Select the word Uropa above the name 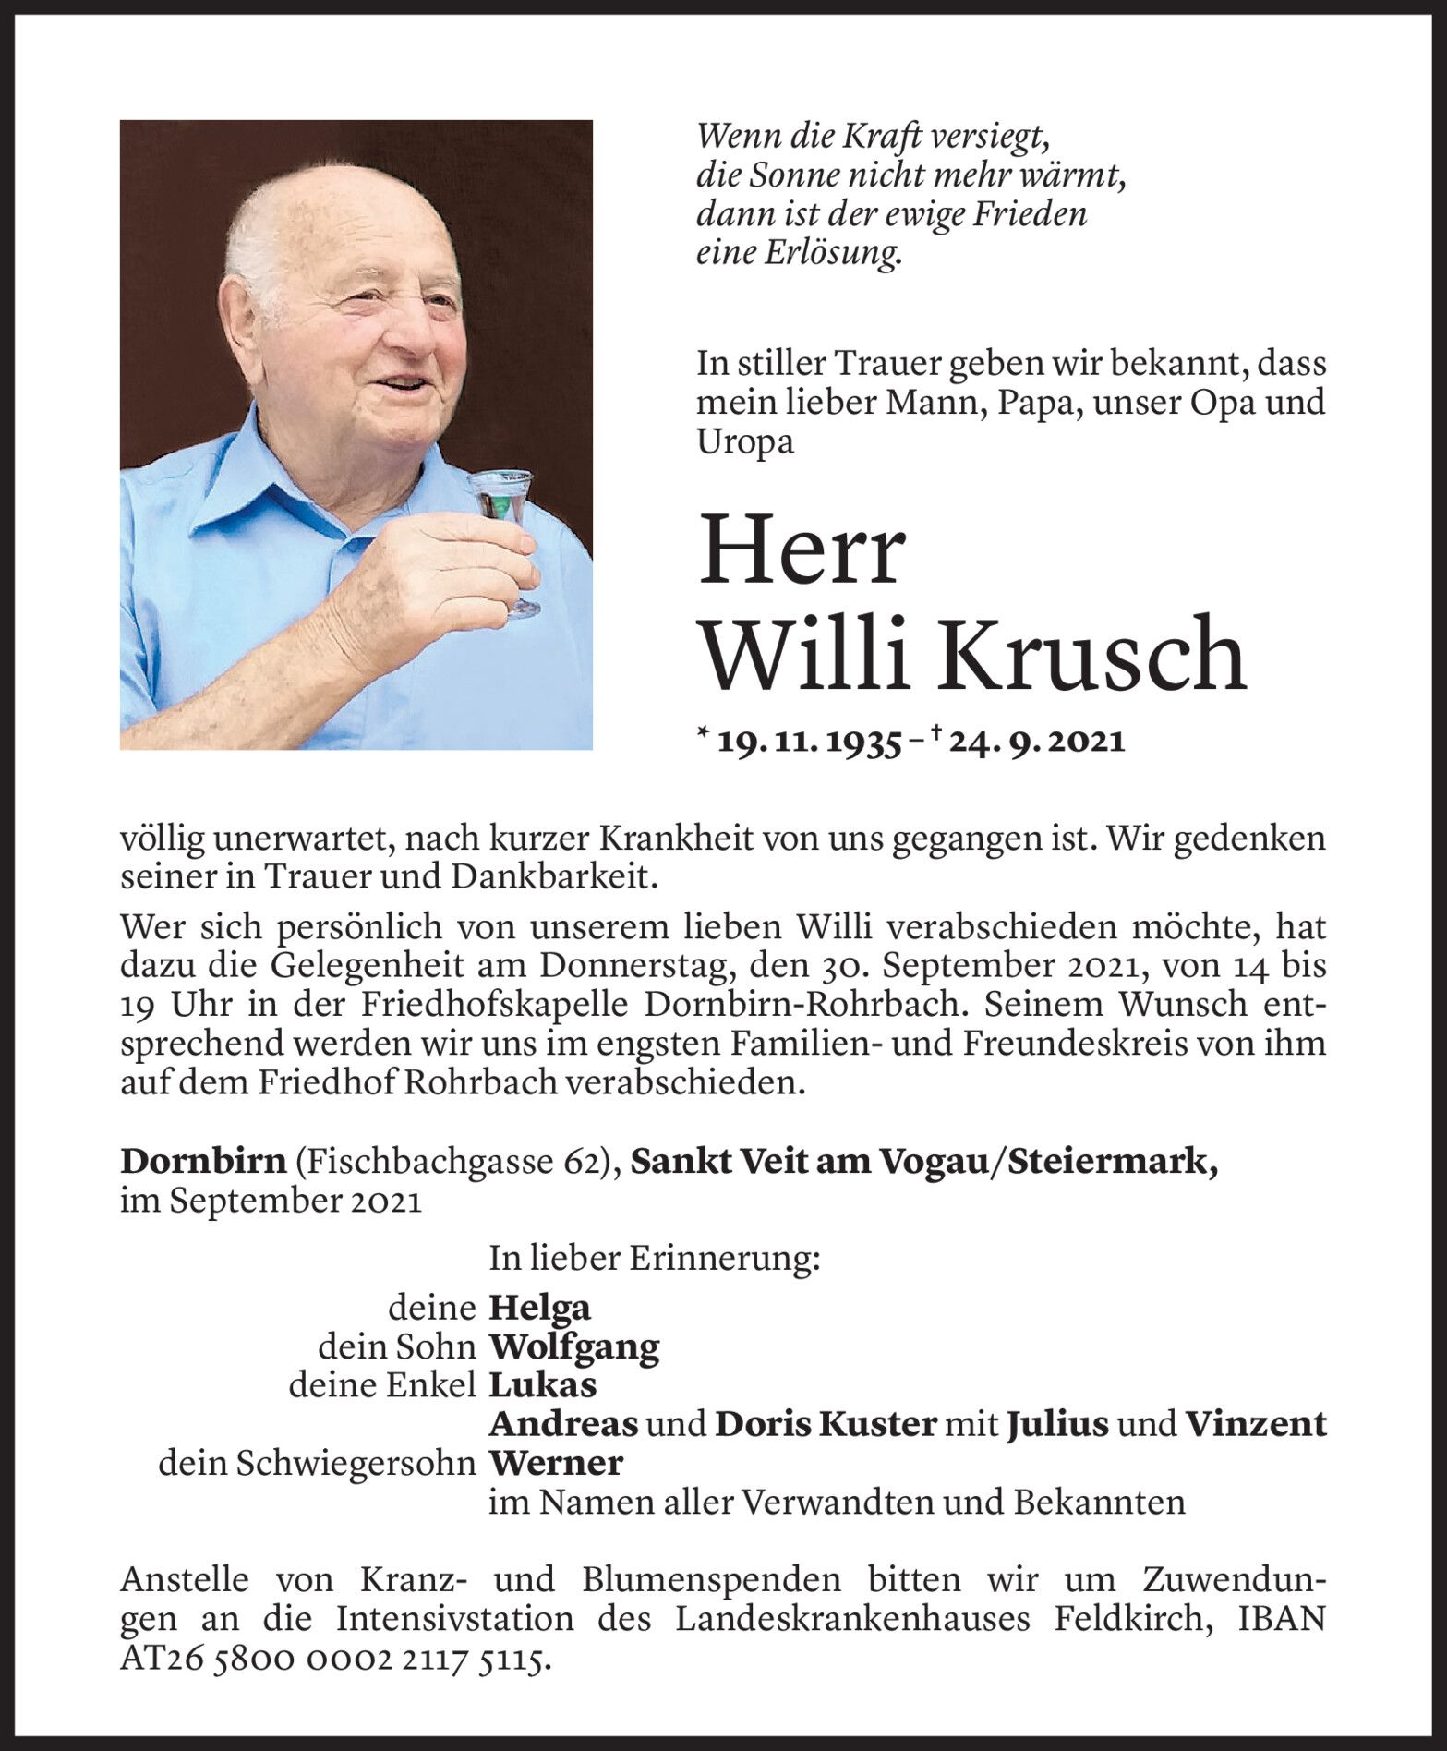coord(745,442)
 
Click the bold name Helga coord(539,1308)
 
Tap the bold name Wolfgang coord(573,1347)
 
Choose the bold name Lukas coord(542,1385)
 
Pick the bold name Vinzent coord(1255,1424)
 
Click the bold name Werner coord(556,1464)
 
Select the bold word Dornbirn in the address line coord(203,1162)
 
